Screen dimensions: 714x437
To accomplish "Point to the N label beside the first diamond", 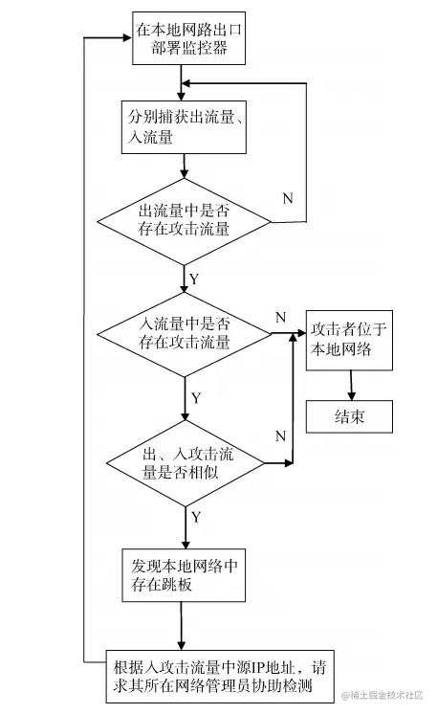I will [288, 198].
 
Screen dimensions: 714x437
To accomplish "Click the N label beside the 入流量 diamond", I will [280, 316].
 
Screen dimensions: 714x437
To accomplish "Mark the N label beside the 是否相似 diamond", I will [280, 436].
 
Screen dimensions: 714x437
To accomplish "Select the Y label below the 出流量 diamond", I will [194, 279].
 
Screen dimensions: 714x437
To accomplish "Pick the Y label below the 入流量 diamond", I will [195, 395].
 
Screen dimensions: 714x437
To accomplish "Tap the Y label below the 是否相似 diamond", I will [195, 517].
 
